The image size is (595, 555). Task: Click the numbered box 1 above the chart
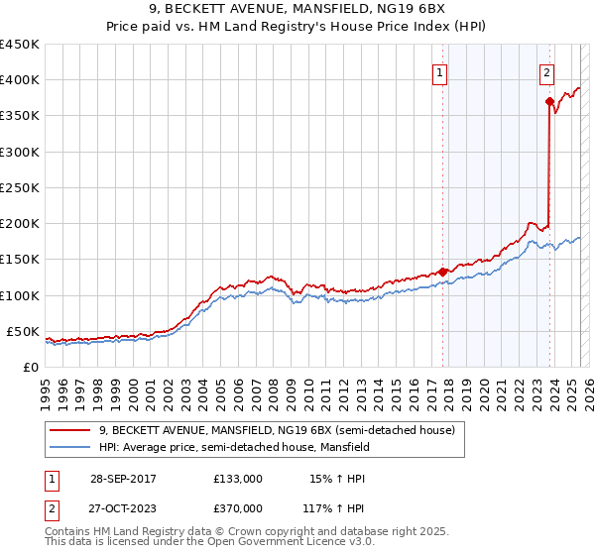[439, 71]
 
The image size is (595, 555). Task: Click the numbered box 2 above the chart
[546, 71]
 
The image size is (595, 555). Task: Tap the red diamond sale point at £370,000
[549, 101]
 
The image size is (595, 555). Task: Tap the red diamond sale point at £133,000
[443, 272]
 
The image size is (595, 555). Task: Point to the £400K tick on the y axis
[20, 80]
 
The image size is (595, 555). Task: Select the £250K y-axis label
[20, 187]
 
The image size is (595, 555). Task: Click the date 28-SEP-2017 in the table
[121, 479]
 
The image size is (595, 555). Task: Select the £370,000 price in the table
[237, 507]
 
